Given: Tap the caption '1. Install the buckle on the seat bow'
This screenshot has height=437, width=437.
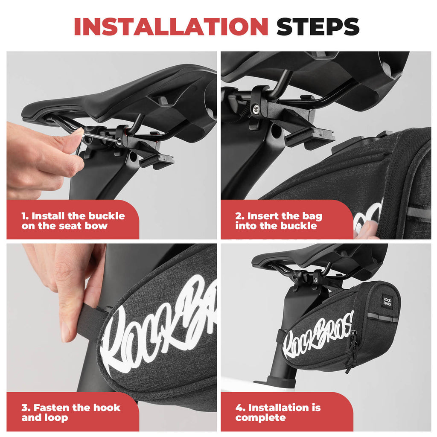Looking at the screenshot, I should [73, 221].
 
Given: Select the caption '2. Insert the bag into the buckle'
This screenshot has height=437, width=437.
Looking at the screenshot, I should [279, 221].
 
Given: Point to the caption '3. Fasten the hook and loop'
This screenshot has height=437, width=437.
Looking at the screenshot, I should [71, 412].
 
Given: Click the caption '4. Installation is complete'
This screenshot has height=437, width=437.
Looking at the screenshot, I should [278, 412].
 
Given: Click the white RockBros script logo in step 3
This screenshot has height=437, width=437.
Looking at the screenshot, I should [158, 324].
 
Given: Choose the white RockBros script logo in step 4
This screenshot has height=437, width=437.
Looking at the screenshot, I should [318, 335].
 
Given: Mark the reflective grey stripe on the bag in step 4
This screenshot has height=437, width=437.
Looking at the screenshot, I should [382, 317].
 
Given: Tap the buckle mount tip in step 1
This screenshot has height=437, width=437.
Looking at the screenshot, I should [158, 160].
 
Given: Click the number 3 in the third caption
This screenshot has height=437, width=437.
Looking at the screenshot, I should [25, 408].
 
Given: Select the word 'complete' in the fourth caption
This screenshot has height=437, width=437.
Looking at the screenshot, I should [255, 417].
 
